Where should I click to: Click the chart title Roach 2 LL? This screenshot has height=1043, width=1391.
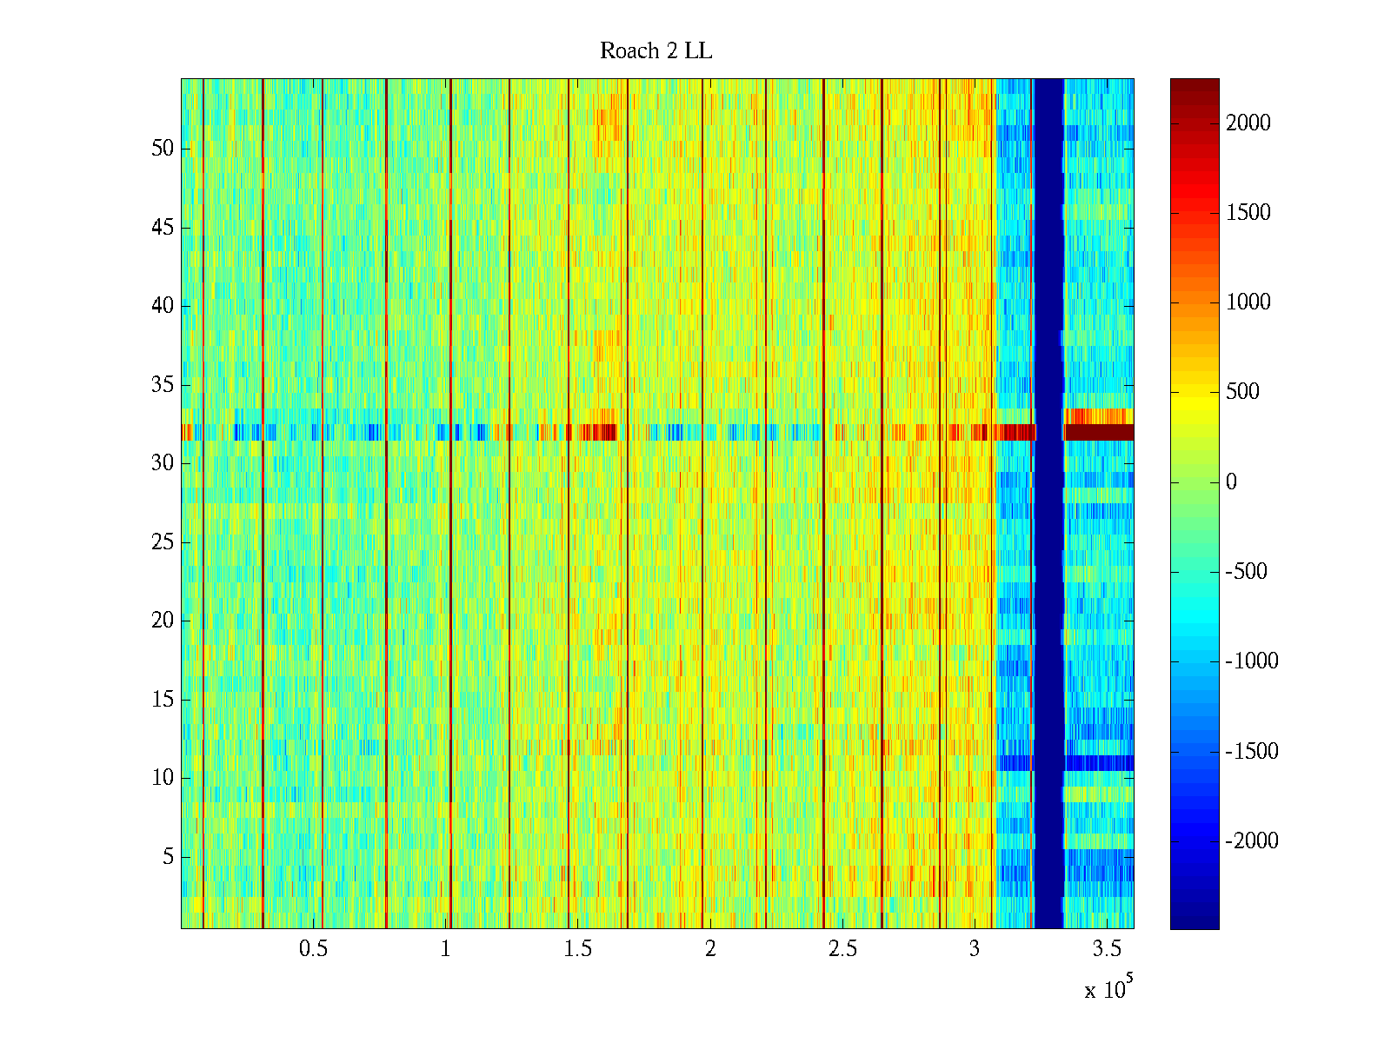656,51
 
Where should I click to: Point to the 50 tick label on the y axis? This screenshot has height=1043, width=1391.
163,149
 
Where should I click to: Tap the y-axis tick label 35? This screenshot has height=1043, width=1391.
163,385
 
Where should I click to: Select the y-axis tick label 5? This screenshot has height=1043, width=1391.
168,857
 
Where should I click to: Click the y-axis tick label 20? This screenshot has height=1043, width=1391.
163,621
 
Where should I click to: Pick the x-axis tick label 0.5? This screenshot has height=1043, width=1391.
313,949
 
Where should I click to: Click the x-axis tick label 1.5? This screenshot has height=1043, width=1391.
578,949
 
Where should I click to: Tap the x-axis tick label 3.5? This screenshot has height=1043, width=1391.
1108,949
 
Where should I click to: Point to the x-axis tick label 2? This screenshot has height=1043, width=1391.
710,949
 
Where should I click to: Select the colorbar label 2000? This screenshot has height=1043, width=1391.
1248,123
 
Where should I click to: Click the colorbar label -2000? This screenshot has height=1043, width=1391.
1252,841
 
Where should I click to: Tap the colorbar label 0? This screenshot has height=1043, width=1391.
1231,482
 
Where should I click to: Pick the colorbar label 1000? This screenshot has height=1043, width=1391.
1248,302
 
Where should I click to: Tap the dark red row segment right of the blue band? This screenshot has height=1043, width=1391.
1099,432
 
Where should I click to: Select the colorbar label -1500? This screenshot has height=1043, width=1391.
1252,752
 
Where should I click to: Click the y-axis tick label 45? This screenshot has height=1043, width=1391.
163,228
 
